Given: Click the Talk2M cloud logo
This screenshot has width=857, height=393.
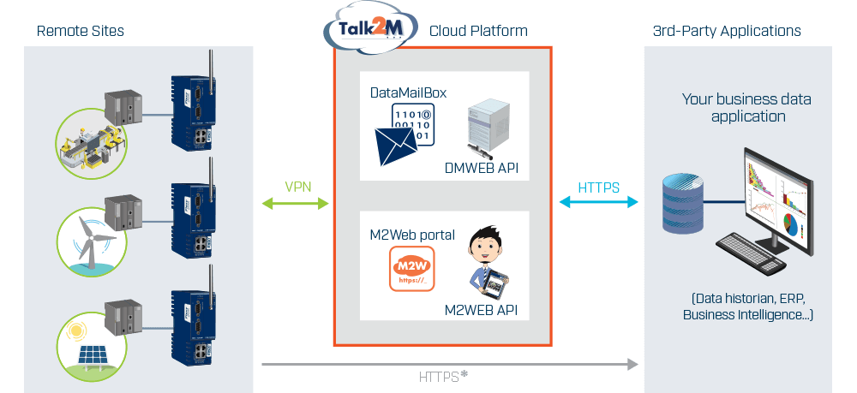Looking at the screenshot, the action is pyautogui.click(x=370, y=27).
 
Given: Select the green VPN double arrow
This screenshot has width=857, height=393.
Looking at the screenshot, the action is pyautogui.click(x=295, y=204).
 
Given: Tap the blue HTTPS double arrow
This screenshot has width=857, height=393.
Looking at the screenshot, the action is pyautogui.click(x=598, y=203).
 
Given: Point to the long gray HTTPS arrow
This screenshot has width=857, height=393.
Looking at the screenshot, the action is pyautogui.click(x=450, y=364).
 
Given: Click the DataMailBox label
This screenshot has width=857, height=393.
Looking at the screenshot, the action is pyautogui.click(x=408, y=92).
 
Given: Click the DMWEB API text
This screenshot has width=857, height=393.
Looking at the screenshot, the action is pyautogui.click(x=481, y=169).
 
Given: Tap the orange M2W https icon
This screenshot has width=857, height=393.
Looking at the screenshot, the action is pyautogui.click(x=412, y=269).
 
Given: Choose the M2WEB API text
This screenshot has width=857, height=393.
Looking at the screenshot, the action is pyautogui.click(x=481, y=311).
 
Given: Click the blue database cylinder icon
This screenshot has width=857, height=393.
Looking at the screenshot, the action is pyautogui.click(x=682, y=204).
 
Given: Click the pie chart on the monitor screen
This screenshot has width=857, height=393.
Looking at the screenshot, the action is pyautogui.click(x=790, y=224).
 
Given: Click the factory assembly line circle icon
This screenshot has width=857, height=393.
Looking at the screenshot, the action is pyautogui.click(x=92, y=144).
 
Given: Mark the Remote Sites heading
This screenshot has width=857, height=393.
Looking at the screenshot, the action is pyautogui.click(x=81, y=31).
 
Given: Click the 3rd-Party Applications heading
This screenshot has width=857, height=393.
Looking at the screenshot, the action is pyautogui.click(x=727, y=31).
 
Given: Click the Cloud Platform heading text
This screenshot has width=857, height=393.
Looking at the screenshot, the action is pyautogui.click(x=479, y=31).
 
